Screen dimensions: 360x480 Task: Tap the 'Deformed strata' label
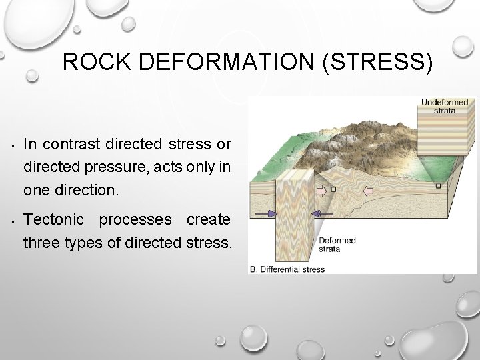(x=337, y=245)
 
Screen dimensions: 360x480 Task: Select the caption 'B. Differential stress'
(x=287, y=269)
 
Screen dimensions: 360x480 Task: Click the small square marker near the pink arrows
(x=333, y=189)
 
